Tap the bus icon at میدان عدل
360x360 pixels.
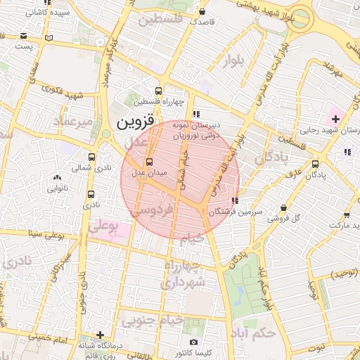138,162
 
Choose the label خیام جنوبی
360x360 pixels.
153,321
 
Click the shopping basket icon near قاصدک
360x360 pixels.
202,11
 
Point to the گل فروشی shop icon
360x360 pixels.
283,208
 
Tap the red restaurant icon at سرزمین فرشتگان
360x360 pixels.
233,201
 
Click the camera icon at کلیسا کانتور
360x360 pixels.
193,342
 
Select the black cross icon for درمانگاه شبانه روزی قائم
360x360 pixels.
101,335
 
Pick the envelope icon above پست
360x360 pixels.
24,36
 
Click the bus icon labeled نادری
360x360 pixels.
91,194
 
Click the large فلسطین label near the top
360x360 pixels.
160,19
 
